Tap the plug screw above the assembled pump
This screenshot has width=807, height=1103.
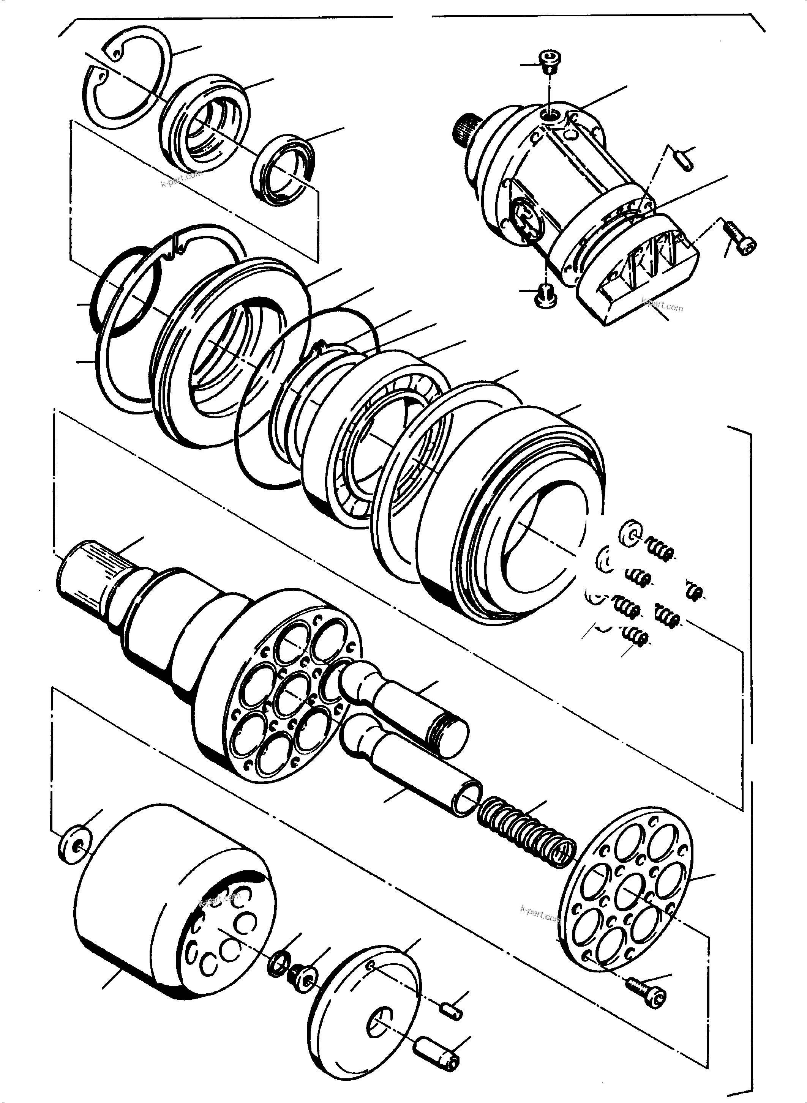coord(551,61)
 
